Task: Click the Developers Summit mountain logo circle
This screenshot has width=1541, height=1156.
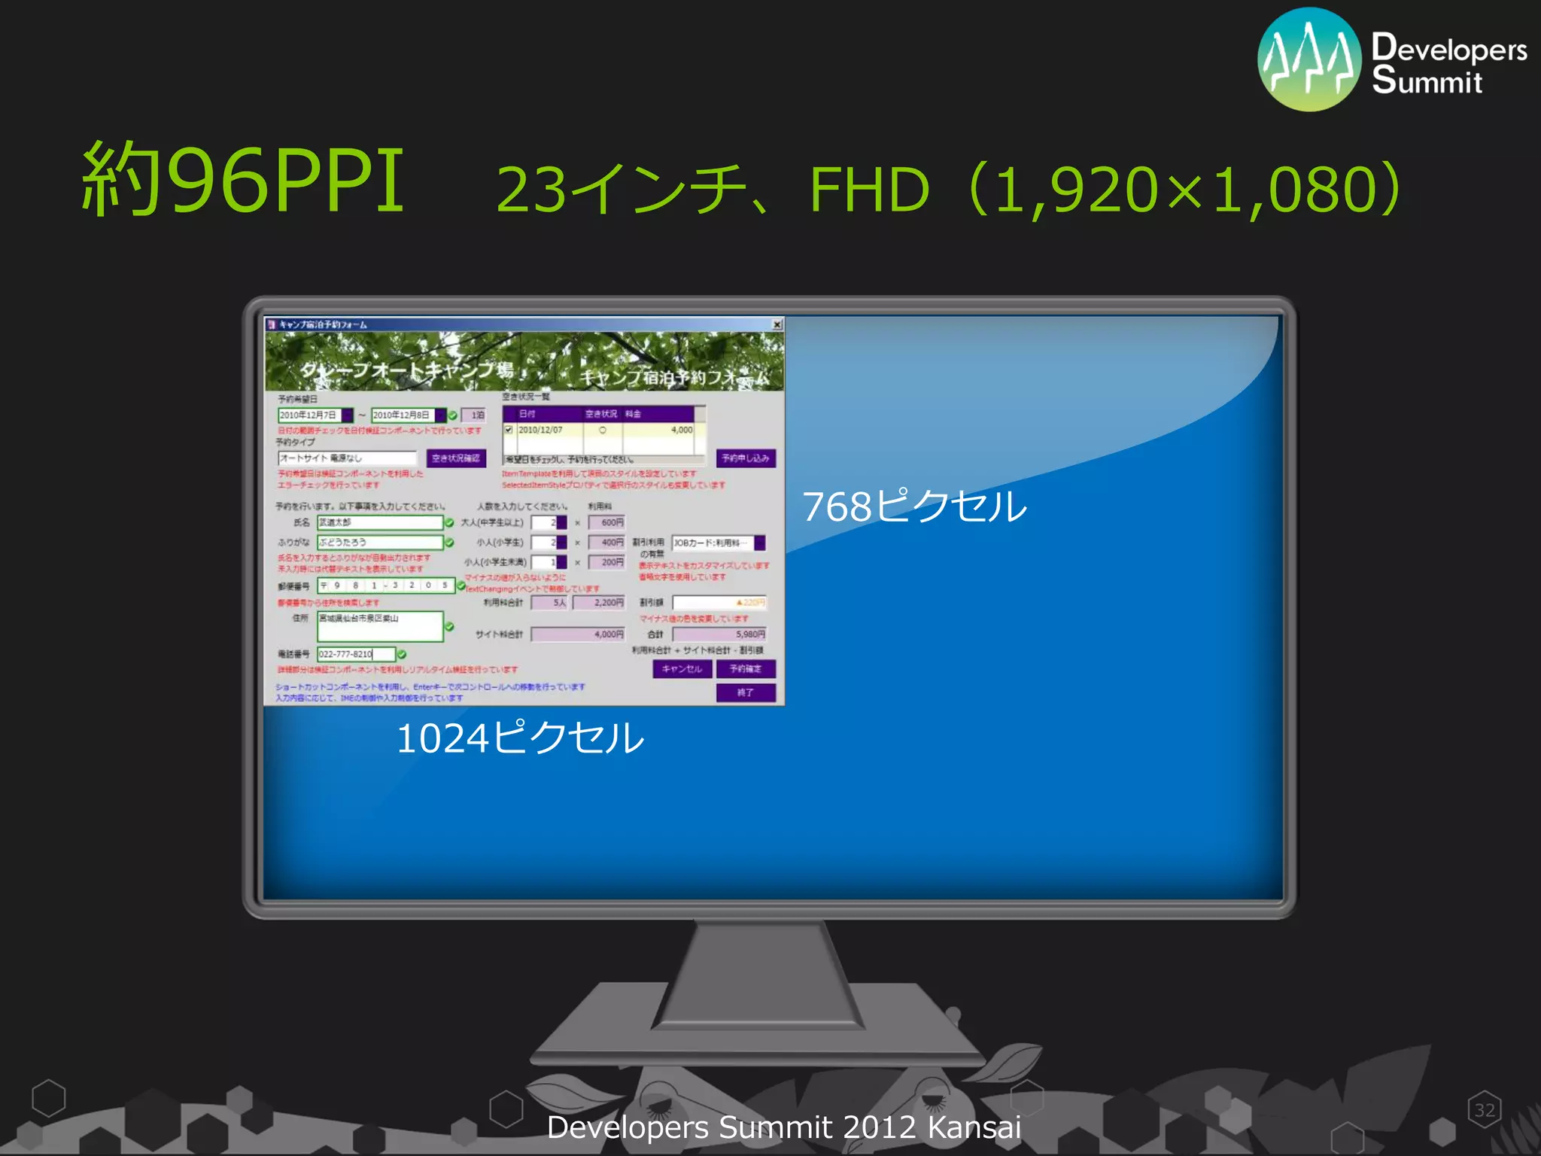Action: pyautogui.click(x=1309, y=60)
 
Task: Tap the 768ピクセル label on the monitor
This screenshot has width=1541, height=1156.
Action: pyautogui.click(x=914, y=506)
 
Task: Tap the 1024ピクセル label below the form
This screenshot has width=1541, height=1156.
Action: pyautogui.click(x=519, y=738)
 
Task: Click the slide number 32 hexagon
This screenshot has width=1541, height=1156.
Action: pyautogui.click(x=1484, y=1110)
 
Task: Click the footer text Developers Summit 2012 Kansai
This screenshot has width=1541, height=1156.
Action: pyautogui.click(x=783, y=1127)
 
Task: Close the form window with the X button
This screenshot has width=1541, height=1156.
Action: pyautogui.click(x=777, y=324)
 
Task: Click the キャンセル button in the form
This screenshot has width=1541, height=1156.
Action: pyautogui.click(x=682, y=669)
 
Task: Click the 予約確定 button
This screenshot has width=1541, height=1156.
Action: pyautogui.click(x=745, y=669)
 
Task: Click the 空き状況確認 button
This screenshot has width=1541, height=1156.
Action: pyautogui.click(x=456, y=458)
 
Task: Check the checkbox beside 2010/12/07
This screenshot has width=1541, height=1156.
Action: pyautogui.click(x=509, y=430)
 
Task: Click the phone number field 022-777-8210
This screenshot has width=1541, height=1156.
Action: pyautogui.click(x=355, y=654)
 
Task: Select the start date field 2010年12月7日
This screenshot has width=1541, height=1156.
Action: pyautogui.click(x=309, y=415)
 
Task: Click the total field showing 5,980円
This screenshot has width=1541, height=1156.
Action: pyautogui.click(x=719, y=634)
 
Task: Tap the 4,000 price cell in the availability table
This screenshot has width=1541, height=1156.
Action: pyautogui.click(x=681, y=430)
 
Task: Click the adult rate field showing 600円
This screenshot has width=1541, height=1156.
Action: pyautogui.click(x=606, y=522)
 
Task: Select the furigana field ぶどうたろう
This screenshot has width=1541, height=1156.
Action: pyautogui.click(x=380, y=542)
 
